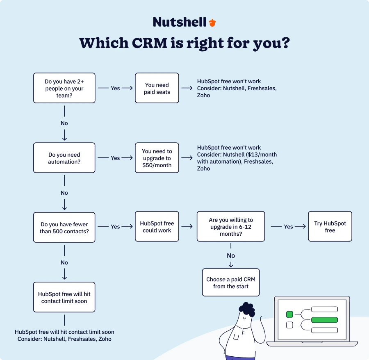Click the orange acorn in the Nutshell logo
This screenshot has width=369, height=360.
(212, 23)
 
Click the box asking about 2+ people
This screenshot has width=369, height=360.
(64, 88)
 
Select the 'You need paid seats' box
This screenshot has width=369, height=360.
(157, 88)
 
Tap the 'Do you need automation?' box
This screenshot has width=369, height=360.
(64, 158)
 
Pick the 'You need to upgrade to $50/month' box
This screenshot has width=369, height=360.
(157, 158)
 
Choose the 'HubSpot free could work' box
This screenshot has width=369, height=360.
(157, 227)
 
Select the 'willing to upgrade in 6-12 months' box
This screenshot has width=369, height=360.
(231, 227)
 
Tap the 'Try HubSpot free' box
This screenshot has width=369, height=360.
(330, 227)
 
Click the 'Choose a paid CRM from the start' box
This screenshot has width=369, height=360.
(231, 283)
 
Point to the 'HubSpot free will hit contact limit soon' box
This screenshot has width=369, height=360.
(64, 298)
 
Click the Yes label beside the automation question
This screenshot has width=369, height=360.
(115, 158)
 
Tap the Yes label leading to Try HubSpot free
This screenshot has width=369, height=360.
(289, 226)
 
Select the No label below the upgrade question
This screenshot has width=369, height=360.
(231, 255)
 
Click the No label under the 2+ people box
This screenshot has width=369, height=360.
(64, 123)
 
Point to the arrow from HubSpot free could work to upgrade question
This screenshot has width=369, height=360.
(187, 226)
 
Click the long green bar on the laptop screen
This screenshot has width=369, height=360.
(324, 320)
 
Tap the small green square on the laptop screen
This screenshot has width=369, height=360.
(289, 314)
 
